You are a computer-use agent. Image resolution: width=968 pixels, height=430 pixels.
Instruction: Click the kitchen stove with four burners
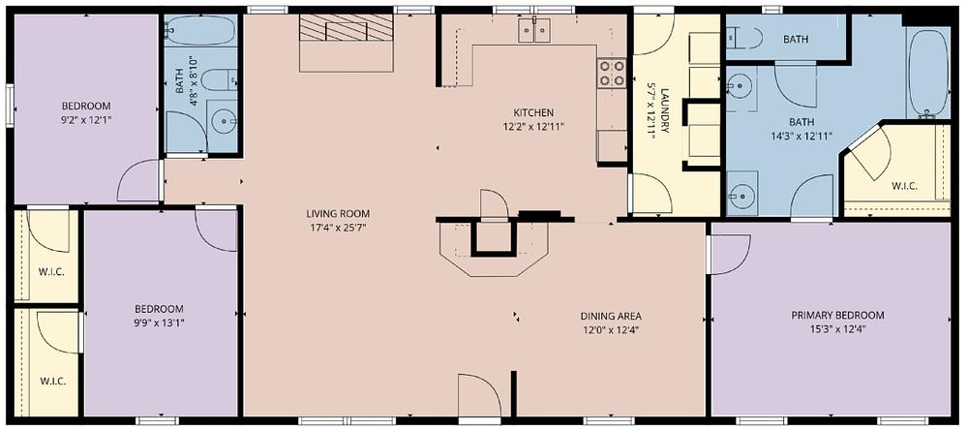[612, 73]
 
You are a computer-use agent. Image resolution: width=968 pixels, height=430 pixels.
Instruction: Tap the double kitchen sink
[534, 30]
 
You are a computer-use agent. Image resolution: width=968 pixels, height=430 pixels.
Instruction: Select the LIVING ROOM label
[338, 214]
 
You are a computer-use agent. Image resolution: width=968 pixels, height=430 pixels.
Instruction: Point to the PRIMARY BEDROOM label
[837, 315]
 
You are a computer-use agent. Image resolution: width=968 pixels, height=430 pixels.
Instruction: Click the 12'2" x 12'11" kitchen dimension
[533, 127]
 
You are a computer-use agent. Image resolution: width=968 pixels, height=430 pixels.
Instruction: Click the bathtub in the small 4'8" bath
[200, 30]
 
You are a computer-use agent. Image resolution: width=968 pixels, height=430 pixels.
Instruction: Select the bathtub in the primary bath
[927, 73]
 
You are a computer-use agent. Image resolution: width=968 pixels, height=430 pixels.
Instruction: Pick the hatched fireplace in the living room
[347, 27]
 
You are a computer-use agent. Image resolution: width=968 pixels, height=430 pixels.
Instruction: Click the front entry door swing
[478, 394]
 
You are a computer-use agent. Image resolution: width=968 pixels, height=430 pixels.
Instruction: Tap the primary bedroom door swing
[730, 254]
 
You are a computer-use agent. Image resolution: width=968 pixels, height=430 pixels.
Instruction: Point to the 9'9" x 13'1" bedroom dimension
[160, 322]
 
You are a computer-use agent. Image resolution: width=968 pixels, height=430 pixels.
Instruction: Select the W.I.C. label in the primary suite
[904, 185]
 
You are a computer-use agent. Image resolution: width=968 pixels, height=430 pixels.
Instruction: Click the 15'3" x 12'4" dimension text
[837, 328]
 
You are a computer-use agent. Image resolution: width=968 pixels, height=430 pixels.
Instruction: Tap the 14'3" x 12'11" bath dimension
[801, 136]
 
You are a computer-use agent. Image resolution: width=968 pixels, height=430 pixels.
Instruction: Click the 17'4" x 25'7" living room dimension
[338, 228]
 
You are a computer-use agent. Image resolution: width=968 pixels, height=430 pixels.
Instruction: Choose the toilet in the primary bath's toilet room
[744, 39]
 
